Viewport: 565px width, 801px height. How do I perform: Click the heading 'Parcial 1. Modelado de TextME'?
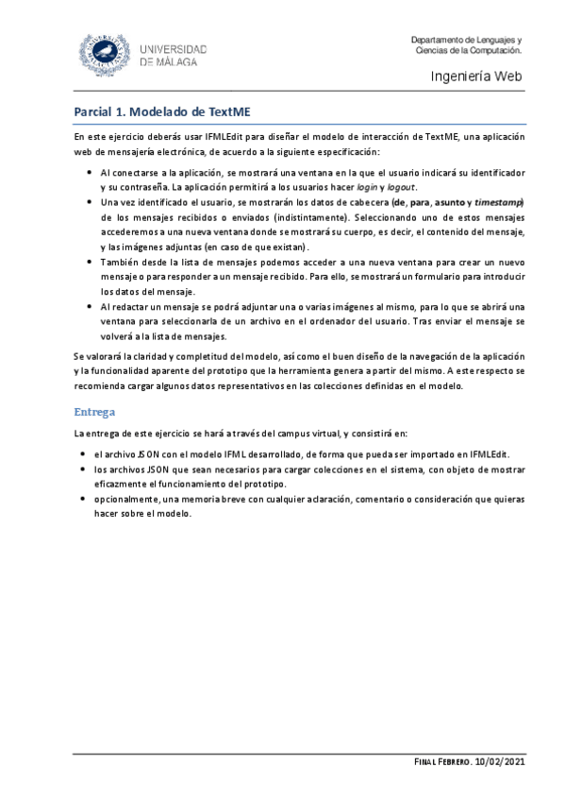162,111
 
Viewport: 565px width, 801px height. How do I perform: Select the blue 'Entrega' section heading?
96,412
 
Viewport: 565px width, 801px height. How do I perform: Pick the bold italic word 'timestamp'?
498,202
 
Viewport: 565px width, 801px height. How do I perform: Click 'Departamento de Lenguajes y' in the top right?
466,39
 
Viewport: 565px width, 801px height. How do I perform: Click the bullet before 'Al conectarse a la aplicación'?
88,174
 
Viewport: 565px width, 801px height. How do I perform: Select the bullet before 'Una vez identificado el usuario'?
88,202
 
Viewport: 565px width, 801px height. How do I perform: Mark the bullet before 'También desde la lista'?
88,263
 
